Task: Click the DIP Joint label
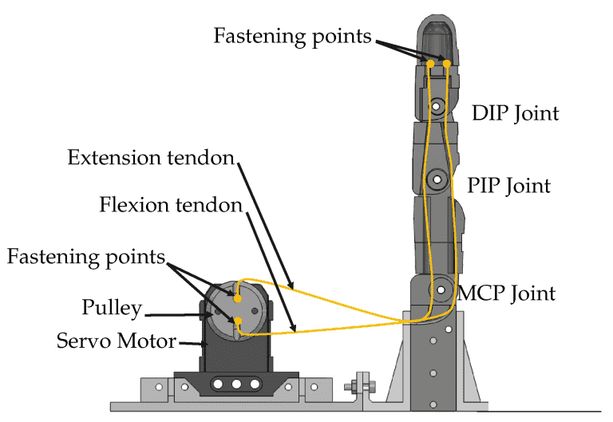(515, 112)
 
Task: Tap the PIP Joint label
(509, 186)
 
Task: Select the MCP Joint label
(506, 294)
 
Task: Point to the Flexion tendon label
(171, 205)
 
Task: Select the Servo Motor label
(117, 341)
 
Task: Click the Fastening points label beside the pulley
(86, 257)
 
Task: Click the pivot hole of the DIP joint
(437, 106)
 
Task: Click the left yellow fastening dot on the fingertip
(430, 63)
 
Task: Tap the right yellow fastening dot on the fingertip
(447, 63)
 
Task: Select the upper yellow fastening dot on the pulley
(237, 296)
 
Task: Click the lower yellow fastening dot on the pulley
(237, 321)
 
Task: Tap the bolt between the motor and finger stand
(353, 388)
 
